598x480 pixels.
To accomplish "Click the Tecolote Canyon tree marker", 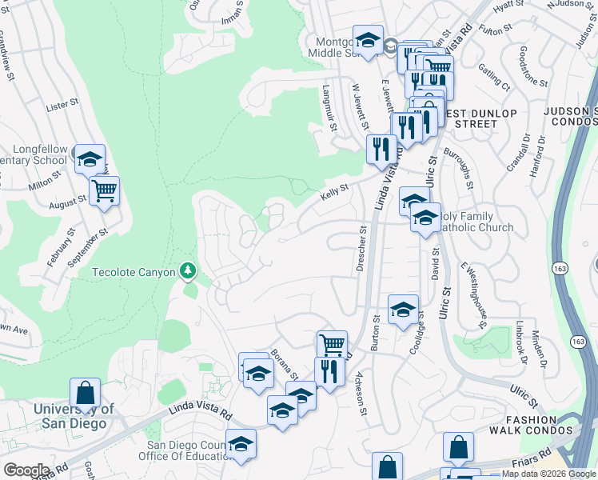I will click(x=189, y=271).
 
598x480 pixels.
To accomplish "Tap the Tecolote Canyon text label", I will click(x=134, y=272).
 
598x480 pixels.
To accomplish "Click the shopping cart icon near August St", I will click(x=104, y=190).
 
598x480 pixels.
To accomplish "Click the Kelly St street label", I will click(x=334, y=190).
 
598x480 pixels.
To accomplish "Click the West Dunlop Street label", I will click(x=475, y=118).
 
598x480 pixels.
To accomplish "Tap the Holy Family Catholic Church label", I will click(x=476, y=222).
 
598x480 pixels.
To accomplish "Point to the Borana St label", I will click(x=284, y=364).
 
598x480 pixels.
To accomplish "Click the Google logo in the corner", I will click(x=26, y=470).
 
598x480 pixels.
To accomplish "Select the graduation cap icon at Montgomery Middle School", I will click(x=367, y=40).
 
